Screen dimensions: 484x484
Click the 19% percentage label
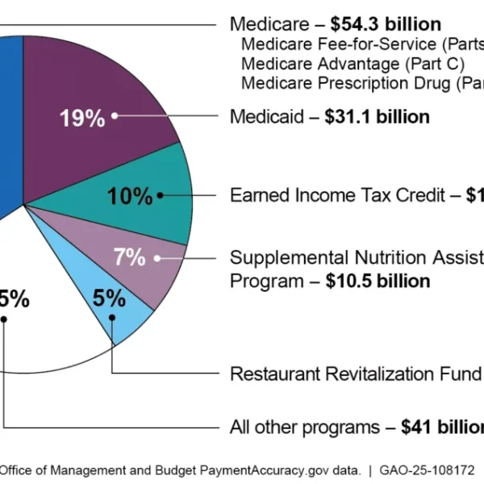81,118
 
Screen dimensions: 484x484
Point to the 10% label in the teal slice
130,195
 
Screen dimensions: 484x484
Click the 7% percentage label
129,258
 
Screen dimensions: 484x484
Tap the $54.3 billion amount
386,23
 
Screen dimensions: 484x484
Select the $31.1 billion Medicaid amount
377,117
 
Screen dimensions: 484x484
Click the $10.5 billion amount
378,281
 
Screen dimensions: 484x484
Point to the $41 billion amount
442,427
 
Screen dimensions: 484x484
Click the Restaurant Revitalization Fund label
356,374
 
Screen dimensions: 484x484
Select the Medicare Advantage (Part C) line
353,63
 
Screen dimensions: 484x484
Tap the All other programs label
304,427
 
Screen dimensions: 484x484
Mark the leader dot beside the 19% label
115,115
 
